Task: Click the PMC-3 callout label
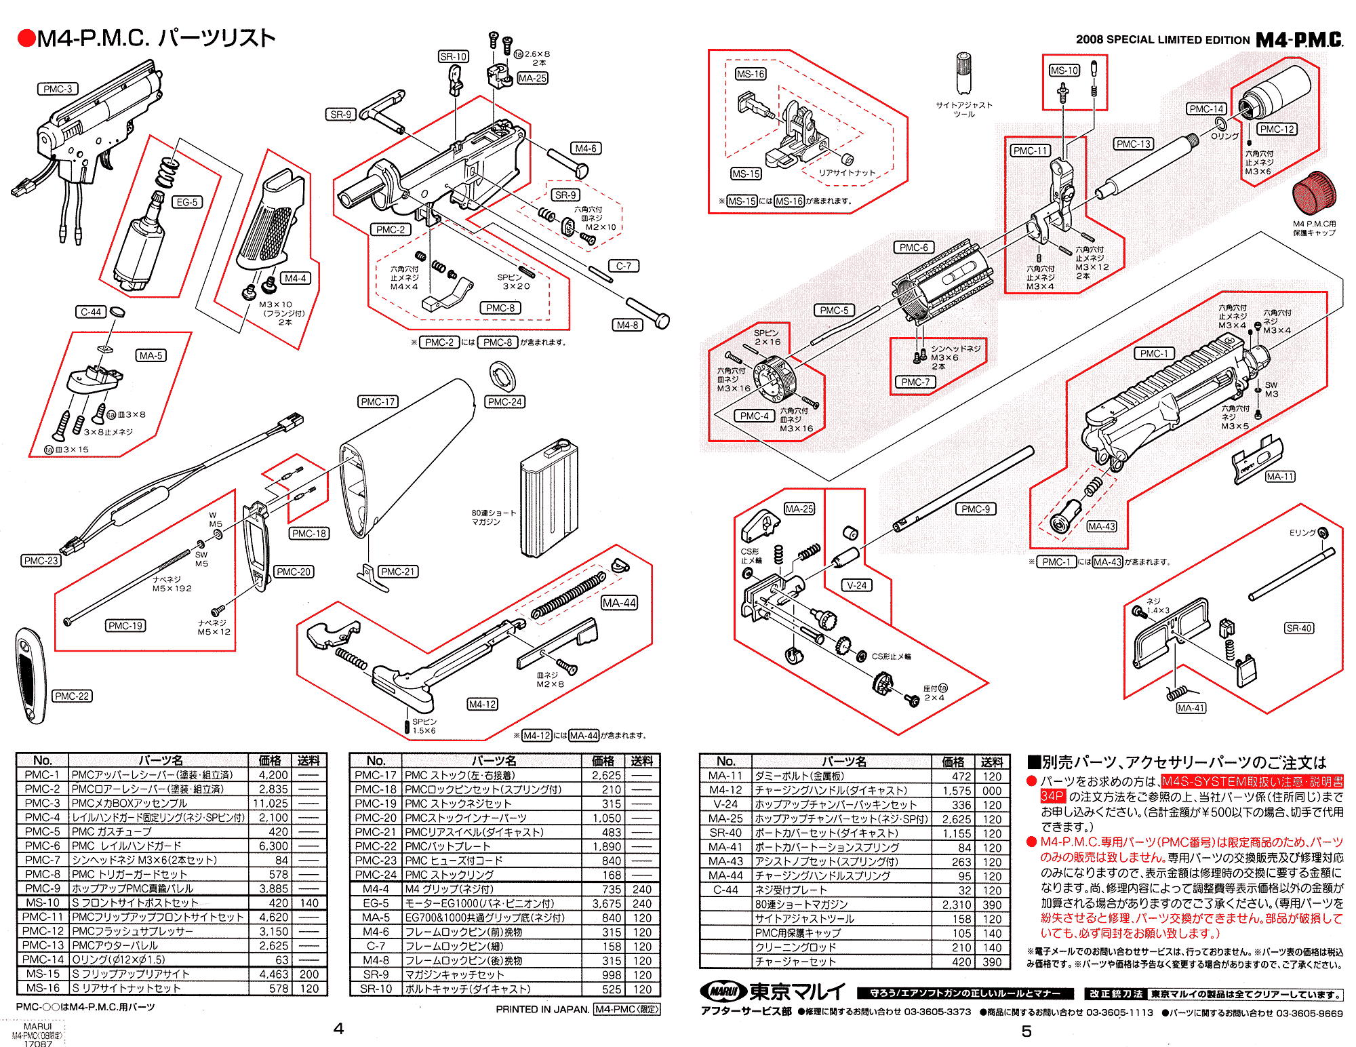58,89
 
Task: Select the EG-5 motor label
186,202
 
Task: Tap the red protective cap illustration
1314,193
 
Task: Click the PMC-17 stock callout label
378,401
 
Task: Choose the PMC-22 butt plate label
72,696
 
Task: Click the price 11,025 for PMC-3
271,803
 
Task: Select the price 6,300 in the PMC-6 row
273,846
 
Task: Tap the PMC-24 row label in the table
375,874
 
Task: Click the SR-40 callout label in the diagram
1299,628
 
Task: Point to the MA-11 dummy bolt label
1280,477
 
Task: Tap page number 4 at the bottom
338,1029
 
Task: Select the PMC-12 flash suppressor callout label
1277,129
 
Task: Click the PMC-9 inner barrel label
976,509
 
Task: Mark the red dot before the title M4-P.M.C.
26,39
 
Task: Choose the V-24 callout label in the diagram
857,585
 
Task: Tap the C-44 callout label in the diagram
91,312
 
